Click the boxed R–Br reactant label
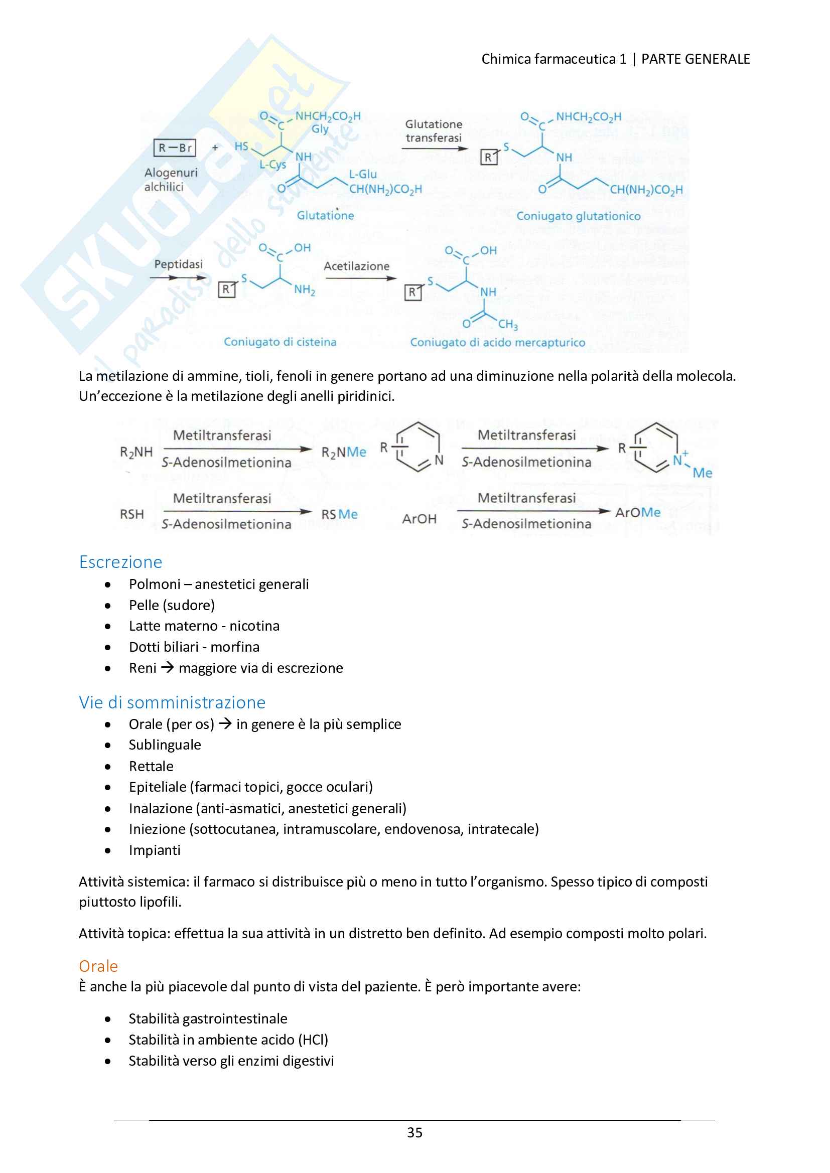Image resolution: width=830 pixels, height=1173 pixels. (174, 148)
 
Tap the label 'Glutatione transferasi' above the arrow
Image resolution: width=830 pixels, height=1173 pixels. (434, 131)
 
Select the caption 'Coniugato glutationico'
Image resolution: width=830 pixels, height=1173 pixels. (578, 216)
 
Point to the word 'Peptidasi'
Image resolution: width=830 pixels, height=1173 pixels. (178, 264)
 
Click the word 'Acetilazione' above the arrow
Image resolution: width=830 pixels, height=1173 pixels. (356, 266)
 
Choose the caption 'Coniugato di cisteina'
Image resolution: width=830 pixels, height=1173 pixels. (280, 342)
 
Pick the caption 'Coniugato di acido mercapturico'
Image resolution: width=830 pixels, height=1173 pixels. (497, 342)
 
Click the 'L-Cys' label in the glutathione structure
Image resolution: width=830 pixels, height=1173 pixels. (272, 165)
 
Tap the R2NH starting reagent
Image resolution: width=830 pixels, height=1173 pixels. (136, 452)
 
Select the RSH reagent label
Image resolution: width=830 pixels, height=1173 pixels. (132, 514)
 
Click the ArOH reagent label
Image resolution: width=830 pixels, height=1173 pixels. (419, 519)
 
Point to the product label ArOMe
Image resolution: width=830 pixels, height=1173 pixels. (637, 512)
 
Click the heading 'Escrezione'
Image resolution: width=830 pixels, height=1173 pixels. (120, 562)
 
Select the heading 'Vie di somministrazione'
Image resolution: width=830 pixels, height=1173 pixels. (172, 702)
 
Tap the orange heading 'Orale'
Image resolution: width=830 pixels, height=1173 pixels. (98, 966)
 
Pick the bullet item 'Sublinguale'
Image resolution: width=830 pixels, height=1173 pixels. (165, 745)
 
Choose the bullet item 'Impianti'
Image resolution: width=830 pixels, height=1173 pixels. (155, 850)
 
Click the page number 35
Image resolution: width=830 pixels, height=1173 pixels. (414, 1133)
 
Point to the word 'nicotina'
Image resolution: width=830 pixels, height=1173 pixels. (254, 626)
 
